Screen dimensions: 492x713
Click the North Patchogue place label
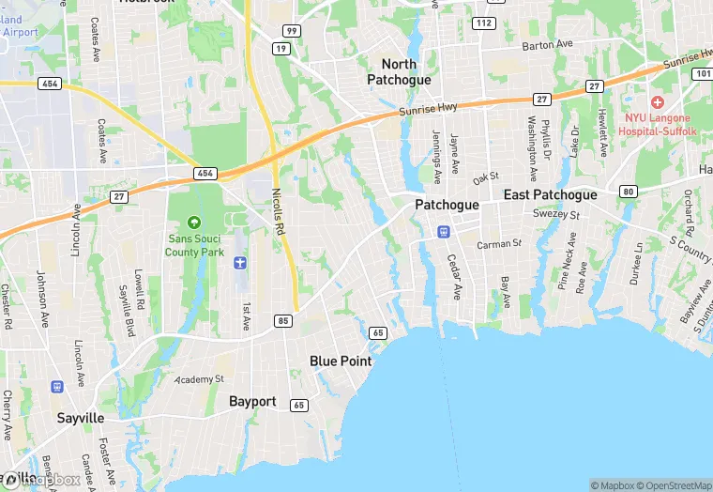click(x=405, y=72)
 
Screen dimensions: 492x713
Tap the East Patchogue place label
click(x=550, y=195)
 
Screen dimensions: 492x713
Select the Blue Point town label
click(x=341, y=361)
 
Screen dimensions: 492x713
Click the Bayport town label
click(x=252, y=401)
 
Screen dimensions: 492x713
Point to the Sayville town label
click(x=80, y=418)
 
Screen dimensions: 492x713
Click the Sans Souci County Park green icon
click(x=194, y=222)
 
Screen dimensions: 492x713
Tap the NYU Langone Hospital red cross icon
click(x=657, y=101)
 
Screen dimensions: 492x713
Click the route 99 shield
click(x=291, y=31)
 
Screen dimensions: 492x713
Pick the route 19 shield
click(x=281, y=48)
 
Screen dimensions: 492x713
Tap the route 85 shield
click(x=282, y=322)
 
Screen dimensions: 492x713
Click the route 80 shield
click(x=628, y=192)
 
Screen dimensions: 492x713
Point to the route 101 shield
click(x=703, y=73)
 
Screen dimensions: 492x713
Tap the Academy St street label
click(x=200, y=378)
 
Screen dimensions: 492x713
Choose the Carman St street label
click(x=498, y=244)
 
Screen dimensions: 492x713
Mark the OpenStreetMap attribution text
click(x=673, y=485)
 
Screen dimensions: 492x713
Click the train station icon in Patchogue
click(x=444, y=231)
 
